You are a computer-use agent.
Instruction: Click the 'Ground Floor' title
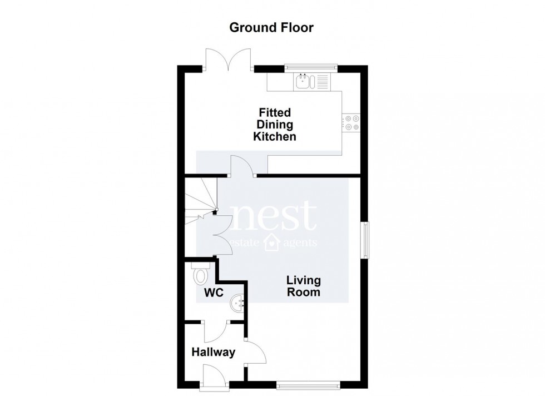pos(271,27)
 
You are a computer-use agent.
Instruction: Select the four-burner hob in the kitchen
pos(351,123)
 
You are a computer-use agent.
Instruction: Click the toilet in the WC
pos(201,273)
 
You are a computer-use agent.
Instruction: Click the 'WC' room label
pos(214,293)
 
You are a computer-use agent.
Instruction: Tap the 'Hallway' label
pos(214,352)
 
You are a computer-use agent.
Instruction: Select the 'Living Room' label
pos(304,286)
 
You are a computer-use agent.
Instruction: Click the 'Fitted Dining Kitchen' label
pos(275,125)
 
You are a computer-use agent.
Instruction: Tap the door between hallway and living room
pos(255,352)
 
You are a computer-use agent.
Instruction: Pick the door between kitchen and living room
pos(242,166)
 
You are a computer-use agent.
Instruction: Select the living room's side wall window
pos(365,240)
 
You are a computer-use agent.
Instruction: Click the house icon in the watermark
pos(271,242)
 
